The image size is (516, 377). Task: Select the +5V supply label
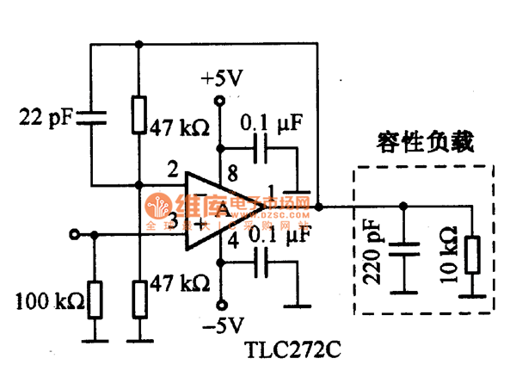[222, 79]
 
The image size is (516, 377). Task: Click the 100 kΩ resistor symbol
[94, 299]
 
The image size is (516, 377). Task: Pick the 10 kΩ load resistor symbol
[470, 255]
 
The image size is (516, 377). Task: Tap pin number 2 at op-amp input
[174, 168]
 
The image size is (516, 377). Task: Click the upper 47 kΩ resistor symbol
[138, 115]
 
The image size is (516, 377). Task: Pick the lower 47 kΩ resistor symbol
[138, 297]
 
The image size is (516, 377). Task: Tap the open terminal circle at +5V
[220, 102]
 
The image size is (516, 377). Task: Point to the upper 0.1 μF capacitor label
[271, 124]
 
